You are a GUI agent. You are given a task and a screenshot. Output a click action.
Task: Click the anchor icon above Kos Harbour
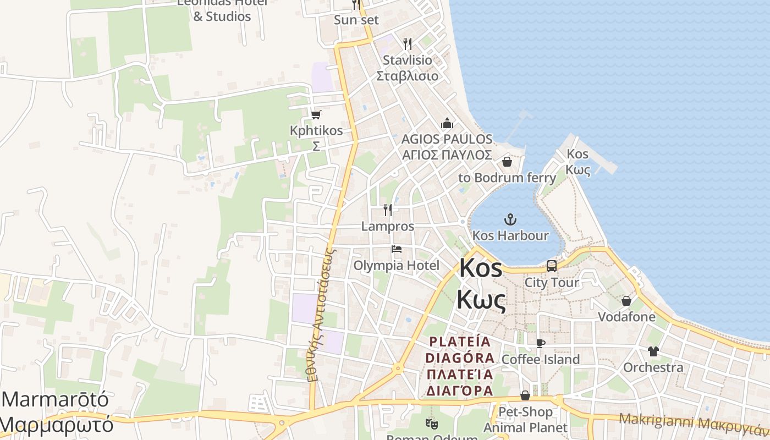510,219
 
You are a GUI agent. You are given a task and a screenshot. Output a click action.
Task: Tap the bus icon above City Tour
552,266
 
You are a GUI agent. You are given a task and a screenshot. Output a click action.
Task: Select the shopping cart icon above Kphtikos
316,114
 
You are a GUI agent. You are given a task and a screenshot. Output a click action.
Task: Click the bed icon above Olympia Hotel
396,249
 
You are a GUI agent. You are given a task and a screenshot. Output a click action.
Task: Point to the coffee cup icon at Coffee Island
541,343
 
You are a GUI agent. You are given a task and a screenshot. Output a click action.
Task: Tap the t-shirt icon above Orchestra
653,351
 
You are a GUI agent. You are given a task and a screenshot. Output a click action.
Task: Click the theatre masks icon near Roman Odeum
431,424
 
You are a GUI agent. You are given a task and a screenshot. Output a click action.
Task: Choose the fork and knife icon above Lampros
388,210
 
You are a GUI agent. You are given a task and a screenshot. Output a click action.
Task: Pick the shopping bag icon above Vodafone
626,301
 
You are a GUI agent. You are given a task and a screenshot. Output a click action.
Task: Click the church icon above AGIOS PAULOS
447,123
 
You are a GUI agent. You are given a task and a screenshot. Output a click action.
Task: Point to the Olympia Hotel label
396,266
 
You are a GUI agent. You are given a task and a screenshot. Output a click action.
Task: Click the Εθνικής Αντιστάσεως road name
322,313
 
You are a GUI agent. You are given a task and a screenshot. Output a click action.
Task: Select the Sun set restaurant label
356,20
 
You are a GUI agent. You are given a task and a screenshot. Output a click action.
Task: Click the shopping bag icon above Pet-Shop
525,395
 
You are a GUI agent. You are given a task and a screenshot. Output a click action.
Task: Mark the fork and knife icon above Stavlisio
408,44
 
